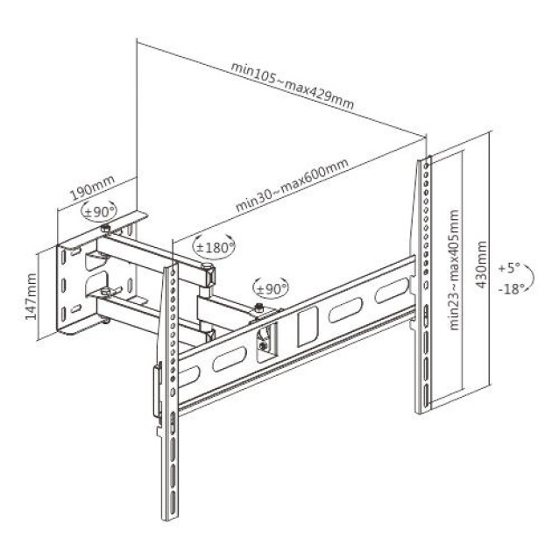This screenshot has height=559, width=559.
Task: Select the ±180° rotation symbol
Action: (x=215, y=247)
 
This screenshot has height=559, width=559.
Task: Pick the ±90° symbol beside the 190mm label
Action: (x=100, y=211)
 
